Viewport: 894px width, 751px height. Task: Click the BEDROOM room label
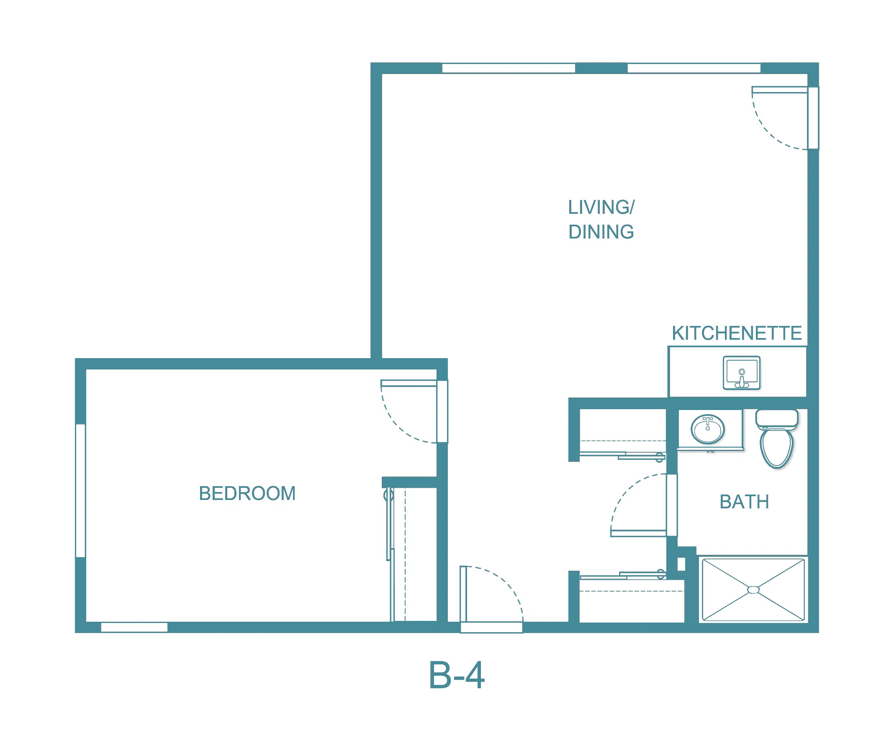tap(247, 493)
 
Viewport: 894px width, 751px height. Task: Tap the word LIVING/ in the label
tap(601, 208)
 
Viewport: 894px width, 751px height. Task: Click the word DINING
tap(601, 232)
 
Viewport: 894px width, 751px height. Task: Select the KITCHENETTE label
tap(736, 333)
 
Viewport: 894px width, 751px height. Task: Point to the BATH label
tap(744, 502)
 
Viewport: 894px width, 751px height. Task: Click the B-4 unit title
tap(456, 675)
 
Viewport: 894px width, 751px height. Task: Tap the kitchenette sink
tap(742, 372)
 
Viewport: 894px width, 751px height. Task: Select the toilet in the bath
tap(776, 439)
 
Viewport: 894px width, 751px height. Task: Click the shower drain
tap(753, 590)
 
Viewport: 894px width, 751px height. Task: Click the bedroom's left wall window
tap(80, 490)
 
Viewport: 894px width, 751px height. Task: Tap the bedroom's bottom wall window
tap(134, 627)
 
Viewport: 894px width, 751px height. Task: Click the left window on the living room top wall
tap(509, 68)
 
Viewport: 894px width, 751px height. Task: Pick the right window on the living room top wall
tap(694, 68)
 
